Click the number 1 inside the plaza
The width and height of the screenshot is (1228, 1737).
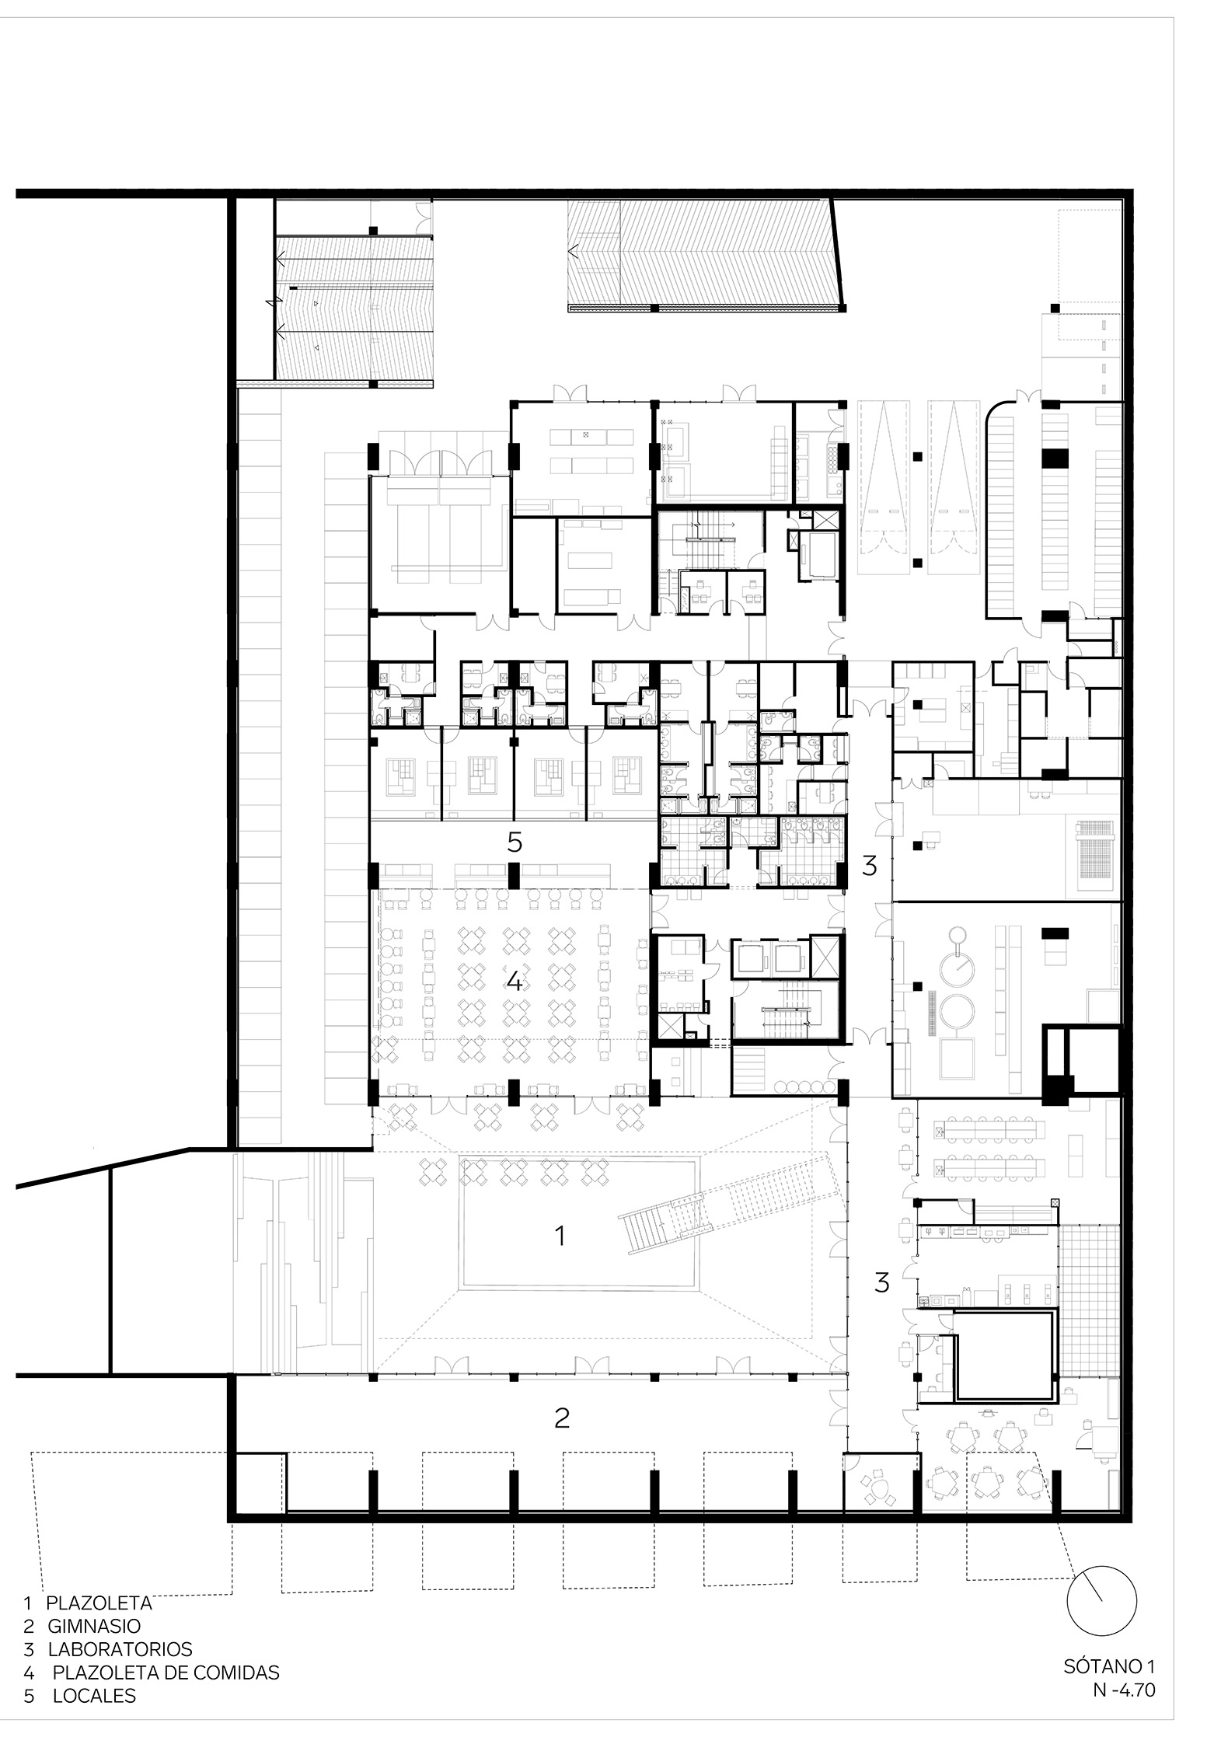click(x=560, y=1235)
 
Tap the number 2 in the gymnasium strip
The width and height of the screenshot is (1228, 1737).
click(x=562, y=1418)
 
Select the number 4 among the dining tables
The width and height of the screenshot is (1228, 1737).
click(x=514, y=982)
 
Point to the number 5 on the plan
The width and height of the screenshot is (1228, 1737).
click(x=515, y=842)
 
